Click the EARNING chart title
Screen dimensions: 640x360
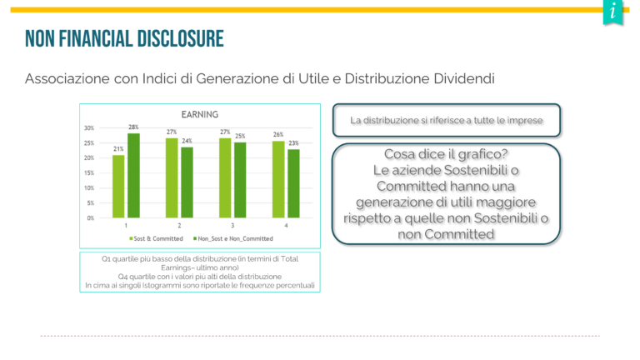pyautogui.click(x=200, y=115)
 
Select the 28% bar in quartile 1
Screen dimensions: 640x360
pyautogui.click(x=133, y=176)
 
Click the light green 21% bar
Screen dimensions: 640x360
pyautogui.click(x=118, y=186)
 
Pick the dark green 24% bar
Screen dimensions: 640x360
pyautogui.click(x=187, y=182)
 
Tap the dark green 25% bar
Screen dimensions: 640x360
pyautogui.click(x=240, y=180)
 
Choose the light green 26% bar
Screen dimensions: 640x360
pyautogui.click(x=278, y=179)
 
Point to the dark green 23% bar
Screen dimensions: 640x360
pyautogui.click(x=293, y=183)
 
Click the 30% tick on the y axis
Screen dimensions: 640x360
pyautogui.click(x=89, y=128)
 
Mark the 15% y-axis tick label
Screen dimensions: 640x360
pyautogui.click(x=89, y=173)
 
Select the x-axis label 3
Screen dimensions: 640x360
pyautogui.click(x=232, y=225)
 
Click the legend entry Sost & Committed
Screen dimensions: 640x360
pyautogui.click(x=156, y=239)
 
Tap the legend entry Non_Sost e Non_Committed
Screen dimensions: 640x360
pyautogui.click(x=233, y=239)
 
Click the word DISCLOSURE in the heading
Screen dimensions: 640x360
pyautogui.click(x=180, y=39)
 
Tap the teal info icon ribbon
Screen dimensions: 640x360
pyautogui.click(x=612, y=12)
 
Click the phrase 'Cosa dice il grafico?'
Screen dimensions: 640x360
pyautogui.click(x=446, y=154)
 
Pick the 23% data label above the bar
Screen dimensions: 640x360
pyautogui.click(x=293, y=143)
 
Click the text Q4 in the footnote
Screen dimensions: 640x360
pyautogui.click(x=122, y=277)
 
